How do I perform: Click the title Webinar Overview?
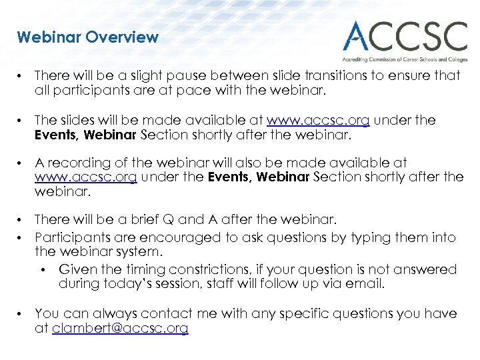click(88, 37)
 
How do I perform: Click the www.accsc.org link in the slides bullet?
click(318, 121)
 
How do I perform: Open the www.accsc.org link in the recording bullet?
click(86, 177)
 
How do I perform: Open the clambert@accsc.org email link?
click(120, 328)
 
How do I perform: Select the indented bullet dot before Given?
click(45, 270)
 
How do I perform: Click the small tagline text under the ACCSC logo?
click(405, 59)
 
